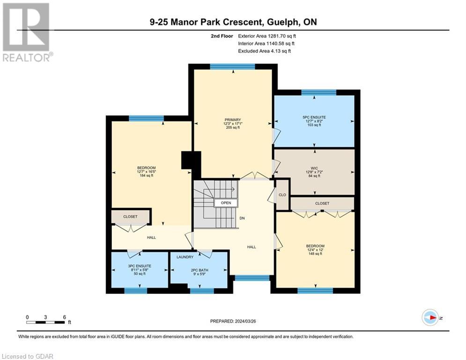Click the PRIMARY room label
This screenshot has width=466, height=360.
point(232,120)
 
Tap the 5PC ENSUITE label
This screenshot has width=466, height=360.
point(314,117)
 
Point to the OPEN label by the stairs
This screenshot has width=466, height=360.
point(226,203)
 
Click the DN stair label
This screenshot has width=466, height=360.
point(241,218)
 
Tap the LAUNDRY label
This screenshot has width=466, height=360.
point(185,257)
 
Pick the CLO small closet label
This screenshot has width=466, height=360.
point(282,194)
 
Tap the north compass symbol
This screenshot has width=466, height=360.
point(430,317)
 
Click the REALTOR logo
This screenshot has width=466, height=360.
point(26,32)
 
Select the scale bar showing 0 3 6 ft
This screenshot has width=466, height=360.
point(45,322)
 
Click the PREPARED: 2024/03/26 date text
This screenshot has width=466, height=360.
point(234,321)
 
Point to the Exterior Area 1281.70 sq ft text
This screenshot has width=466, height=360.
point(267,35)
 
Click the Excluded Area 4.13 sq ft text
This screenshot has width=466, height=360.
point(264,51)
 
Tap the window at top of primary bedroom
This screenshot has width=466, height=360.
point(232,67)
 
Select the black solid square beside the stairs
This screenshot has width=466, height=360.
point(191,160)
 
